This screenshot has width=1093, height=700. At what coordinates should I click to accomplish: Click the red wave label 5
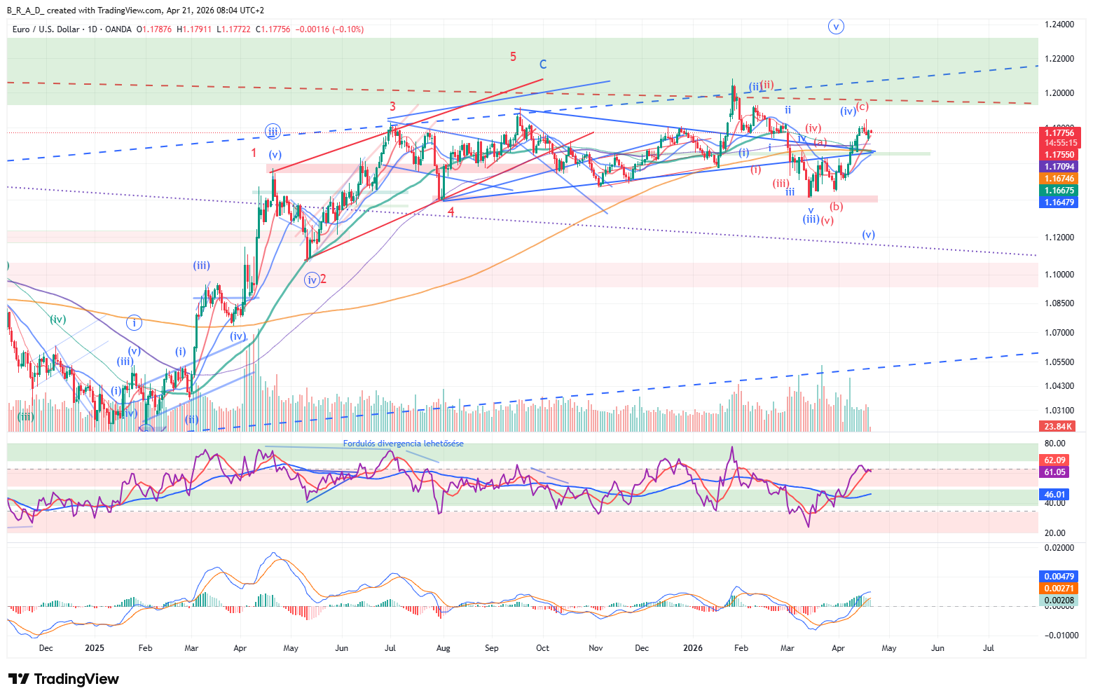click(514, 57)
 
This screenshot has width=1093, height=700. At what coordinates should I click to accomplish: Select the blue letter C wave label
click(543, 64)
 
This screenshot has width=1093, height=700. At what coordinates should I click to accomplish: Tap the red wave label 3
click(392, 107)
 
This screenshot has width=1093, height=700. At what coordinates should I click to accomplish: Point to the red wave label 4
click(451, 211)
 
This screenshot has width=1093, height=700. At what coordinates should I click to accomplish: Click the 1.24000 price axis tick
click(1059, 25)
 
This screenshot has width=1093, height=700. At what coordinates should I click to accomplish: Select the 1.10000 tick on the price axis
click(1059, 274)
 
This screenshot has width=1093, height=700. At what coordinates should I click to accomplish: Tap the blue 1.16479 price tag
click(1059, 203)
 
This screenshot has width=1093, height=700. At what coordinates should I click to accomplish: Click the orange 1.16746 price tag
click(1059, 179)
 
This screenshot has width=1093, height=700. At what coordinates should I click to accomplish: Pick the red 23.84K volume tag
click(1058, 426)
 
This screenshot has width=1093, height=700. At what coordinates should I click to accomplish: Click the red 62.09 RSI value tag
click(1054, 460)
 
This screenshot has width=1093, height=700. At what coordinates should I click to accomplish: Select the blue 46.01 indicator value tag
click(1054, 495)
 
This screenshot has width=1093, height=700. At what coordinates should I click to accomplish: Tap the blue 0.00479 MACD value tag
click(1059, 577)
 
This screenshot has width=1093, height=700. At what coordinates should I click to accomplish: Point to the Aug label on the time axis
click(443, 648)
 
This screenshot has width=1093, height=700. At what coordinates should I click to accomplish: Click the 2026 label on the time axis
click(692, 648)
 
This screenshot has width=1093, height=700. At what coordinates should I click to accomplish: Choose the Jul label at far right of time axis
click(989, 648)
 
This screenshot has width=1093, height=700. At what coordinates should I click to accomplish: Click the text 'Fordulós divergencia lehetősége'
click(403, 444)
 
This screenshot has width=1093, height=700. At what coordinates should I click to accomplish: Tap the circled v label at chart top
click(835, 27)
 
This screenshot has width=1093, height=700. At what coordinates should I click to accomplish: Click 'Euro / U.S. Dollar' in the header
click(46, 29)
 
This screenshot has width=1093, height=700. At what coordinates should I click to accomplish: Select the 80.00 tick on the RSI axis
click(1054, 444)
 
